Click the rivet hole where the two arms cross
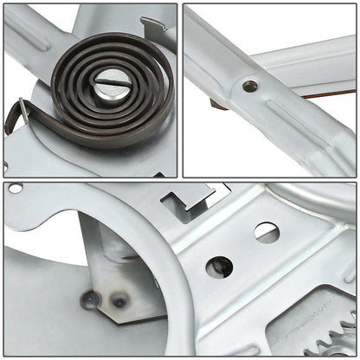pyautogui.click(x=249, y=86)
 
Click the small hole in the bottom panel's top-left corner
pyautogui.click(x=16, y=188)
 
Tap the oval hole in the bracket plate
pyautogui.click(x=266, y=232)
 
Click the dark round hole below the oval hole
pyautogui.click(x=219, y=267)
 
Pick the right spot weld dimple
pyautogui.click(x=120, y=302)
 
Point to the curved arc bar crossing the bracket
pyautogui.click(x=173, y=286)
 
